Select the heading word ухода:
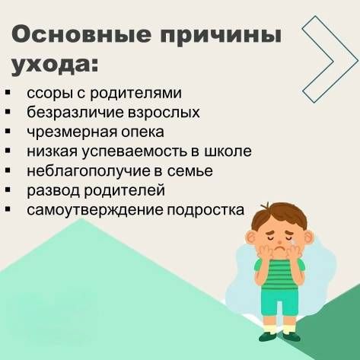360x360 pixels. tap(54, 65)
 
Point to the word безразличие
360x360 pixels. tap(75, 113)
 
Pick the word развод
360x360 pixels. tap(53, 190)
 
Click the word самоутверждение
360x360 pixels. tap(95, 210)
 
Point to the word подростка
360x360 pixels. tap(205, 211)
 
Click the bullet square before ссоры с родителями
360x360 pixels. tap(8, 92)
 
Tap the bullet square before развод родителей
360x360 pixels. tap(8, 190)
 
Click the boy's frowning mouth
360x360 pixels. tap(280, 247)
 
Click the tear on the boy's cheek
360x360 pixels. tap(294, 244)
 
